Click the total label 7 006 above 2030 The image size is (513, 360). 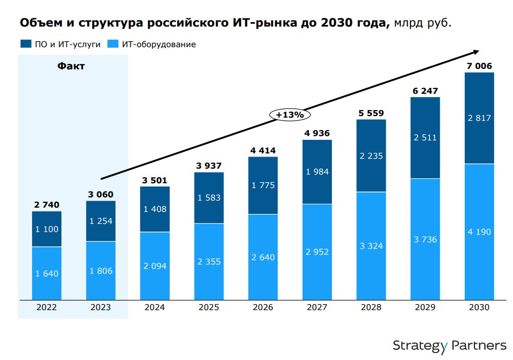(479, 66)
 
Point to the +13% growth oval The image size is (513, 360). (290, 115)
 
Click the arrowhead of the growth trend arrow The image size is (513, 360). (476, 52)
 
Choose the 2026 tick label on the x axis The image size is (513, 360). (263, 307)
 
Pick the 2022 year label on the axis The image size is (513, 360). (47, 307)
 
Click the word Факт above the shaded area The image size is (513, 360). (71, 67)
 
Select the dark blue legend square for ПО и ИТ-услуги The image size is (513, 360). (25, 44)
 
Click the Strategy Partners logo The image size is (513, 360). (450, 345)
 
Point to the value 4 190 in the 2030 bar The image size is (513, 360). (479, 232)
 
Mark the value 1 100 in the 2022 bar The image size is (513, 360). (47, 229)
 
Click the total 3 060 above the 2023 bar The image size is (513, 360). (101, 195)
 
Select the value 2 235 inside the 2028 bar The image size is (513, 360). (371, 156)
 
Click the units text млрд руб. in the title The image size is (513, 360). (422, 24)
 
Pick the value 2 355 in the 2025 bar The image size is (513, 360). (209, 261)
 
